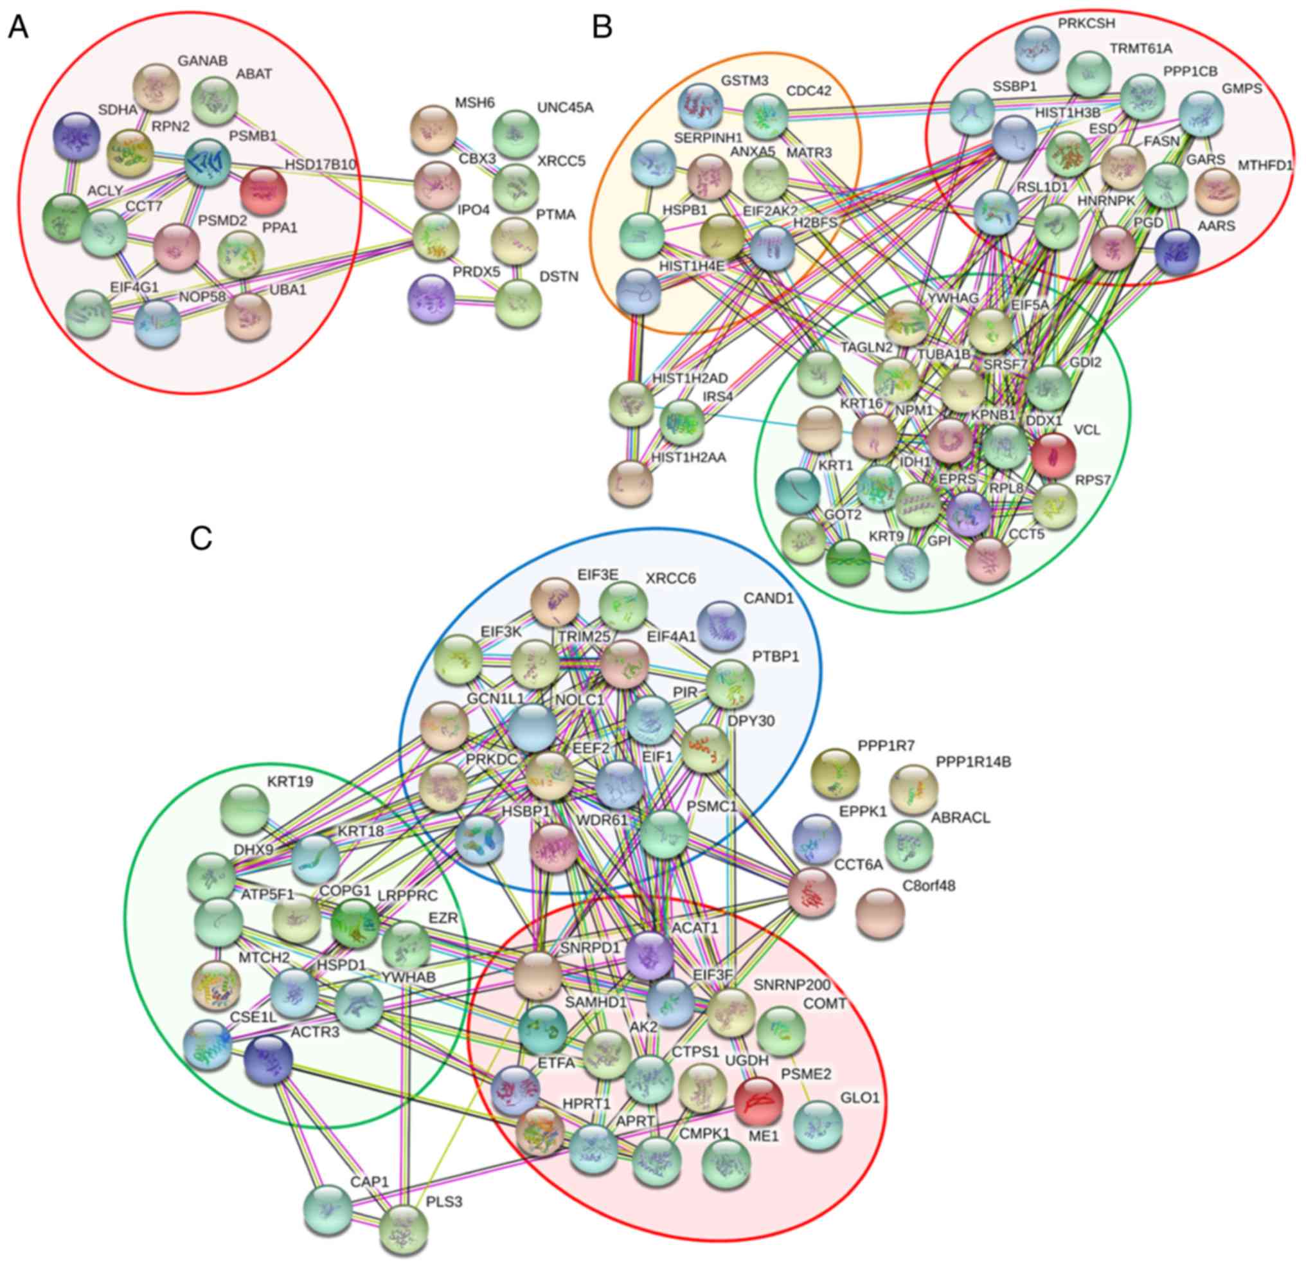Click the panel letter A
point(18,28)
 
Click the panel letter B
point(602,28)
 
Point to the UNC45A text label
point(565,108)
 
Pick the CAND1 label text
point(769,598)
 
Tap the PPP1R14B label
point(974,761)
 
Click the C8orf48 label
point(928,887)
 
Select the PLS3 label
point(443,1202)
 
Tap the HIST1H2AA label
point(688,458)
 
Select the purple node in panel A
point(431,296)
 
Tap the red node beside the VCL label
point(1053,455)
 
